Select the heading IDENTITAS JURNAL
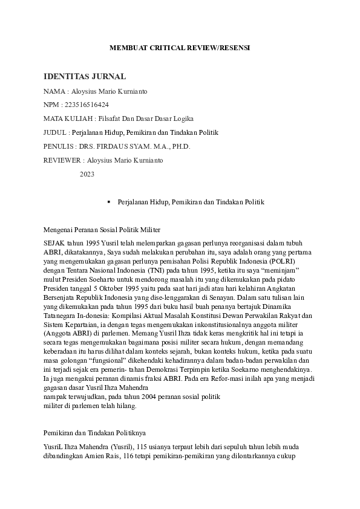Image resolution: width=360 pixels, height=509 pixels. (x=85, y=76)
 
